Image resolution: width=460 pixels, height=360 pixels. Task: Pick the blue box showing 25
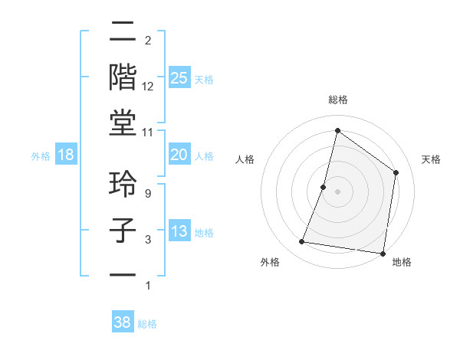[179, 78]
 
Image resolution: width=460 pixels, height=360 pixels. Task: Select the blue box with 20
[179, 155]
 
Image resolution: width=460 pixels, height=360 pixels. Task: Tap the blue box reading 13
[179, 232]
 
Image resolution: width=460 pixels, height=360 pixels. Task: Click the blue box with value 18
[66, 155]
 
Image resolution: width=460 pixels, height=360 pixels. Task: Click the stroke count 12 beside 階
[148, 86]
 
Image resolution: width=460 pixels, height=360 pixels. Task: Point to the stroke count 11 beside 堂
[148, 132]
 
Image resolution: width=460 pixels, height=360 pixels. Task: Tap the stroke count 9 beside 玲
[148, 195]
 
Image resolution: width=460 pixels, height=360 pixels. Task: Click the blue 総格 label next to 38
[147, 324]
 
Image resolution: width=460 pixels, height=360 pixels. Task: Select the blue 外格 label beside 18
[41, 156]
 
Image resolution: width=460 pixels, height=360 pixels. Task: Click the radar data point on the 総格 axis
[337, 131]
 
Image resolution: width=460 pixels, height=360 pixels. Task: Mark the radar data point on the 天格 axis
[396, 172]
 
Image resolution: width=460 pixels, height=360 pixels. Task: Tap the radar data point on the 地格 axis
[382, 253]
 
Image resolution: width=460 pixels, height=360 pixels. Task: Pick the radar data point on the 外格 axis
[302, 242]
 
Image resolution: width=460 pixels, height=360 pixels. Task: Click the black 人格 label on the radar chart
[245, 159]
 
